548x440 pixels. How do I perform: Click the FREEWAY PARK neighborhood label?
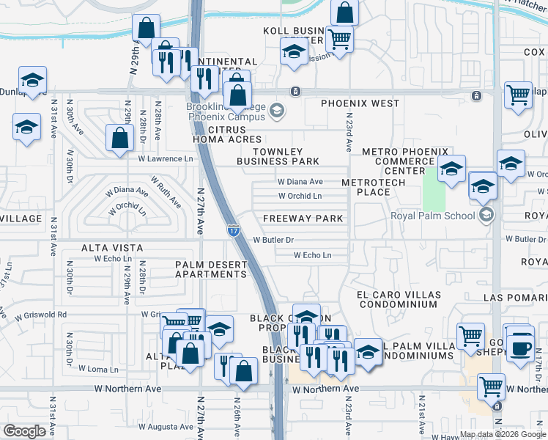point(303,219)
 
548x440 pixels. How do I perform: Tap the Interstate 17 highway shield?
point(232,230)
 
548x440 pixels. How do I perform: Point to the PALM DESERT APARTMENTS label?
point(210,269)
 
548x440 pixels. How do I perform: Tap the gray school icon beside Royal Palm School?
point(485,216)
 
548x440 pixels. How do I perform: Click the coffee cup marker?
point(521,348)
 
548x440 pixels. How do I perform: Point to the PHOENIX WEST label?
point(360,104)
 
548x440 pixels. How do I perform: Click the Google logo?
point(25,431)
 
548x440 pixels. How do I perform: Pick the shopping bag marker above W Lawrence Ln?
point(119,138)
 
